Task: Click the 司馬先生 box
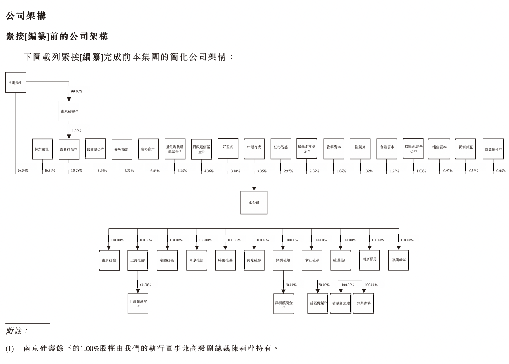[x=16, y=83]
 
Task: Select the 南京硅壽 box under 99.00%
[x=69, y=111]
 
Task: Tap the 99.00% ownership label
[x=77, y=91]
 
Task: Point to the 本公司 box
[x=254, y=203]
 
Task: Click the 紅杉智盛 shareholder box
[x=281, y=149]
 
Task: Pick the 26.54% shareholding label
[x=23, y=171]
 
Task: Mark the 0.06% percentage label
[x=501, y=171]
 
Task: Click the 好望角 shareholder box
[x=228, y=149]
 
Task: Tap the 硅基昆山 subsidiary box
[x=341, y=260]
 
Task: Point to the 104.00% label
[x=349, y=240]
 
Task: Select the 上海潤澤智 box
[x=138, y=303]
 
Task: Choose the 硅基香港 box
[x=363, y=303]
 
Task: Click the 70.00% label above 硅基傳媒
[x=324, y=285]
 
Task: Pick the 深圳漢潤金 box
[x=284, y=303]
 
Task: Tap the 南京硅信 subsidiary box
[x=109, y=260]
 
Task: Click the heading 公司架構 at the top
[x=26, y=16]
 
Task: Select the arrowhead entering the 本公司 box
[x=254, y=188]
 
